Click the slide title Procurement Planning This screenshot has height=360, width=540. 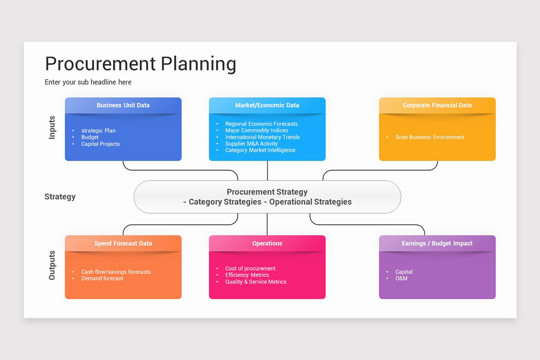click(x=140, y=64)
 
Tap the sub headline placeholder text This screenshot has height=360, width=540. click(x=88, y=82)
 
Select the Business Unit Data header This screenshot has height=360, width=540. click(x=123, y=105)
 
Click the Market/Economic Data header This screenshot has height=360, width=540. click(x=267, y=105)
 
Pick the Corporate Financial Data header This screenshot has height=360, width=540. click(x=437, y=105)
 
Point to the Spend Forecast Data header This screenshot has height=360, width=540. click(x=123, y=243)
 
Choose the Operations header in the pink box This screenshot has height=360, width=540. click(x=267, y=243)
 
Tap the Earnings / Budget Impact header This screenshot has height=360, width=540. click(x=437, y=243)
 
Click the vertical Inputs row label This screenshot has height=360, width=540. click(x=52, y=127)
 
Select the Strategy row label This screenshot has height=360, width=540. click(x=60, y=197)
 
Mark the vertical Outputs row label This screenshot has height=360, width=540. click(x=52, y=265)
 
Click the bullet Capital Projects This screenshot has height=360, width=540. click(x=100, y=144)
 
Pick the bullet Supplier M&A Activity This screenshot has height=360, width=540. click(x=252, y=144)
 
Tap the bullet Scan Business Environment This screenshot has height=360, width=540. click(x=429, y=137)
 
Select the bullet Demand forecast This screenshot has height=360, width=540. click(x=102, y=279)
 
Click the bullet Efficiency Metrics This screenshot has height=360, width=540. click(x=247, y=275)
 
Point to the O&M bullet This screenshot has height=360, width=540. click(x=401, y=279)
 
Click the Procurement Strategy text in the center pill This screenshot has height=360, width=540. click(x=267, y=192)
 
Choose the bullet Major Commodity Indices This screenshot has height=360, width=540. click(x=256, y=130)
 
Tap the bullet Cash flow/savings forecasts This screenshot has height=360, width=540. click(x=116, y=272)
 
